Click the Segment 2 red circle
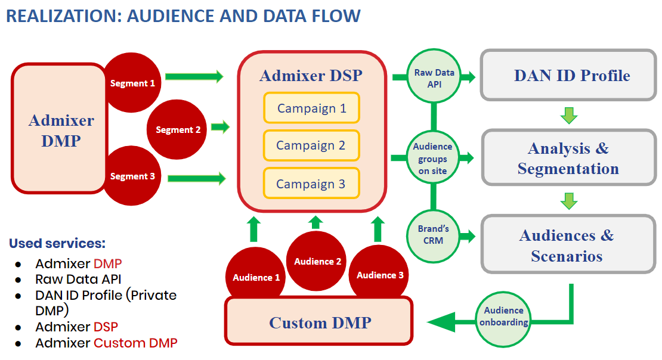pos(177,129)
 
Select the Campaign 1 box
pos(311,108)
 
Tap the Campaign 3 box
pos(311,183)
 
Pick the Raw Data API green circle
pos(434,76)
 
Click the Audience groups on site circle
pos(433,157)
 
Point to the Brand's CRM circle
pos(434,235)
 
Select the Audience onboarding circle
pos(503,319)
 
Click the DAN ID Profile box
pos(569,75)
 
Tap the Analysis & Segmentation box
pos(569,158)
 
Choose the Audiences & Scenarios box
pos(568,244)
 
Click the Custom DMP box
pos(319,322)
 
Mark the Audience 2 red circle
pos(317,261)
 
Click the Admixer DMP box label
pos(61,131)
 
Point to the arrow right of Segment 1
pos(194,76)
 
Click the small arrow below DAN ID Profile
pos(569,115)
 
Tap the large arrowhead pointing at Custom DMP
pos(441,322)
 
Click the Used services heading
pos(57,243)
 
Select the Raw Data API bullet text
pos(78,280)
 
